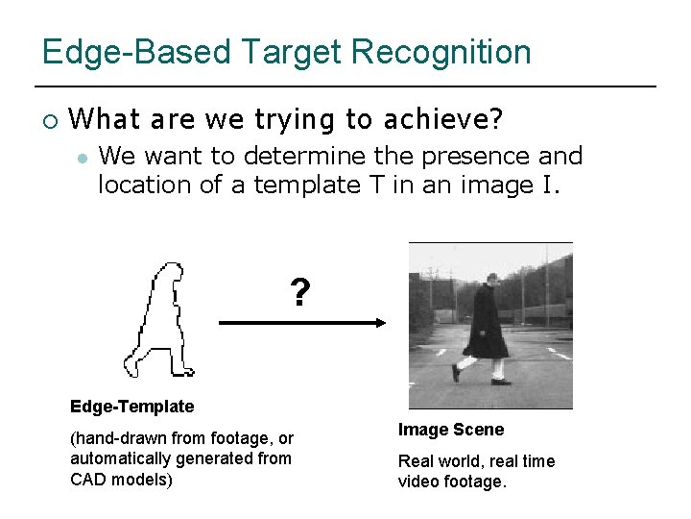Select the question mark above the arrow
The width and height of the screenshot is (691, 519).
[x=300, y=292]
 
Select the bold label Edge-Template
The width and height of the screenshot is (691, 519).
[x=131, y=407]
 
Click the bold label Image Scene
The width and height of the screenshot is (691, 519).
[x=451, y=430]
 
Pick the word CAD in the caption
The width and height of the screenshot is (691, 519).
[x=92, y=479]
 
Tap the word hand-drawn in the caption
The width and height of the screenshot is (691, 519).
[x=122, y=438]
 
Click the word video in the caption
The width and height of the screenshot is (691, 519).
[x=420, y=482]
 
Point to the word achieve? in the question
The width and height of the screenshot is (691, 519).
[x=442, y=119]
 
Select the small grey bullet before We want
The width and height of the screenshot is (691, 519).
[x=83, y=157]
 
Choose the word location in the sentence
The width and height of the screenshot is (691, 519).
[x=145, y=184]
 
